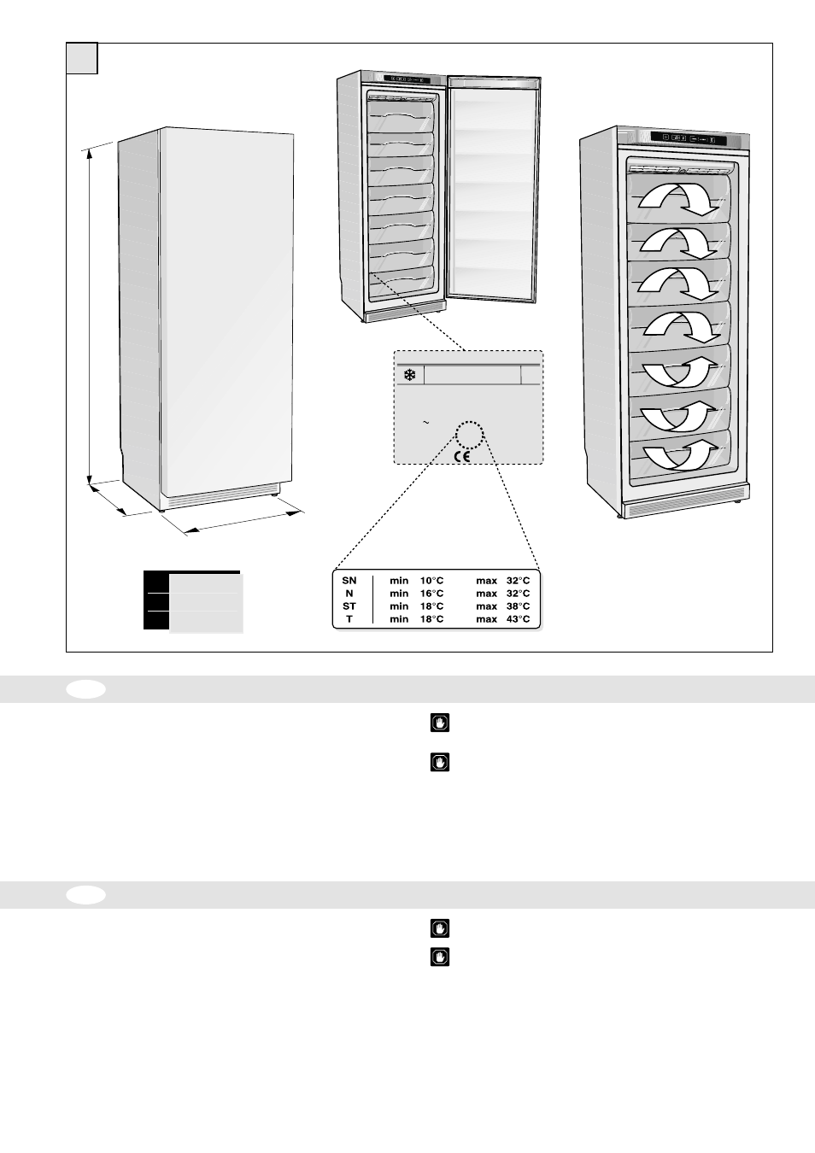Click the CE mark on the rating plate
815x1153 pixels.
pyautogui.click(x=461, y=456)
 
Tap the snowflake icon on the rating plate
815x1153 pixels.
pyautogui.click(x=409, y=375)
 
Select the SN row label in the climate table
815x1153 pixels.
pyautogui.click(x=349, y=581)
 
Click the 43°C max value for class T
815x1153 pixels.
pyautogui.click(x=518, y=619)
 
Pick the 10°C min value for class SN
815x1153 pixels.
pyautogui.click(x=431, y=581)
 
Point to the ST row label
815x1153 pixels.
pyautogui.click(x=349, y=606)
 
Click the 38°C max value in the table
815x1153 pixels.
pyautogui.click(x=518, y=606)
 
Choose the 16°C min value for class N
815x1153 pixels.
pyautogui.click(x=431, y=594)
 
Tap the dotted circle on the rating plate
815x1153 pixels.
pyautogui.click(x=469, y=434)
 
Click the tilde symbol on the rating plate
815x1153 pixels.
pyautogui.click(x=425, y=422)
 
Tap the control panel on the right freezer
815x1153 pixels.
pyautogui.click(x=689, y=138)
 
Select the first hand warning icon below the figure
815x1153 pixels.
pyautogui.click(x=439, y=723)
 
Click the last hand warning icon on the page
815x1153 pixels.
pyautogui.click(x=439, y=957)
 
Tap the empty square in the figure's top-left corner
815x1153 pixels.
pyautogui.click(x=82, y=59)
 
